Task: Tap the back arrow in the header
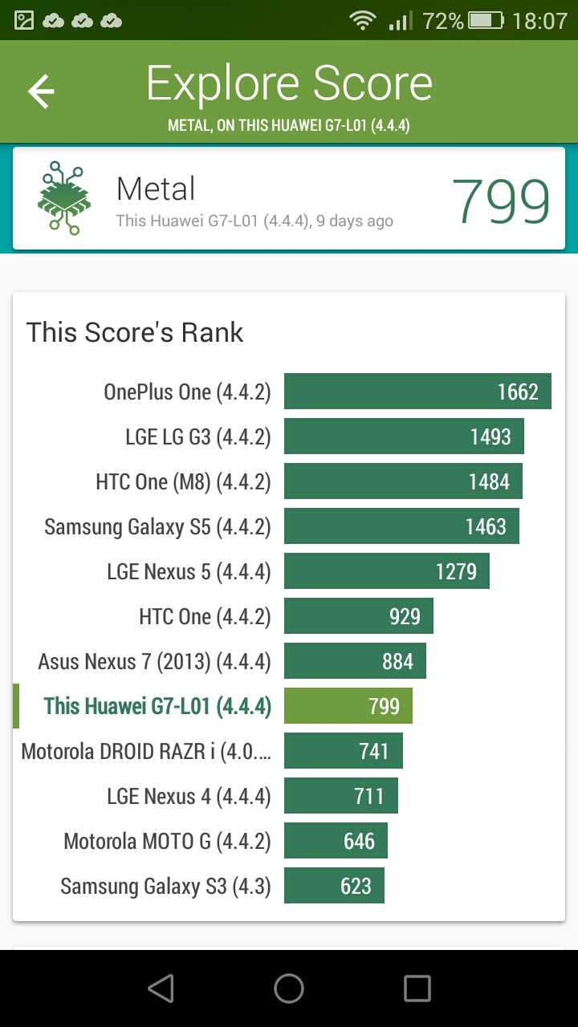click(41, 91)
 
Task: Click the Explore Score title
click(289, 83)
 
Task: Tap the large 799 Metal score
click(500, 201)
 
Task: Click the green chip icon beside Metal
click(64, 197)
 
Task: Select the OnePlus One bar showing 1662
click(417, 391)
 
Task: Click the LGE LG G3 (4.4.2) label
click(198, 437)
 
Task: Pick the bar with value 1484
click(403, 481)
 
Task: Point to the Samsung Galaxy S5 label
click(157, 527)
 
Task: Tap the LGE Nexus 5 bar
click(387, 570)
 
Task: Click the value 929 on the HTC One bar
click(405, 616)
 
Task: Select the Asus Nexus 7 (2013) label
click(155, 662)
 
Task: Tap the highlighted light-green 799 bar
click(348, 705)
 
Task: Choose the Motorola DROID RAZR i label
click(146, 752)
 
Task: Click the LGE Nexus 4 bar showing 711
click(341, 795)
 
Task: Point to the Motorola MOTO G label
click(168, 842)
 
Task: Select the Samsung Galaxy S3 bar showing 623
click(334, 885)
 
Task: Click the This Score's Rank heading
click(134, 332)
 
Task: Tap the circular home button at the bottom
click(288, 988)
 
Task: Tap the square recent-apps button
click(417, 988)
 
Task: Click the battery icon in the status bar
click(486, 21)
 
